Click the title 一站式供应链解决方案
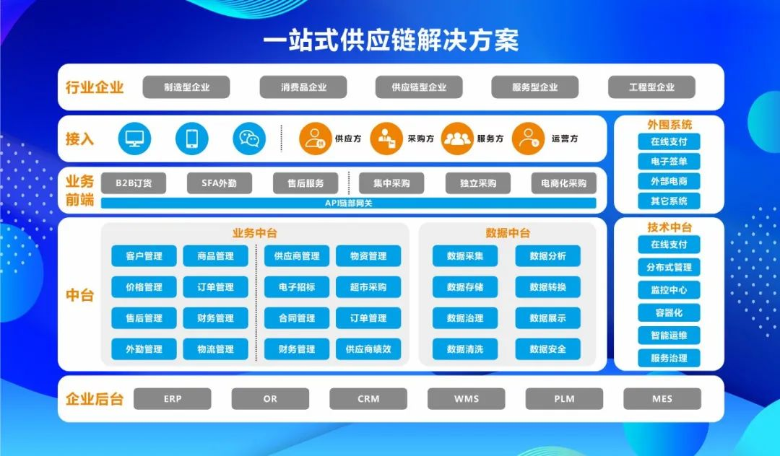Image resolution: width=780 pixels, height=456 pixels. pyautogui.click(x=391, y=40)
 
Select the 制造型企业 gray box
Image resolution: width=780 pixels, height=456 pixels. pyautogui.click(x=186, y=87)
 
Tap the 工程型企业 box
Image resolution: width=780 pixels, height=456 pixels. pyautogui.click(x=651, y=87)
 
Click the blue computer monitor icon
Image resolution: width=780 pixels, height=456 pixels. pyautogui.click(x=134, y=139)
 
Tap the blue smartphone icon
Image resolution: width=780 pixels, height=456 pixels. pyautogui.click(x=191, y=139)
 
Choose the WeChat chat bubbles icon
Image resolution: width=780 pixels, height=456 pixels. pyautogui.click(x=249, y=139)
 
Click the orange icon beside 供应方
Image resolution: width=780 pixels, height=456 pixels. pyautogui.click(x=316, y=139)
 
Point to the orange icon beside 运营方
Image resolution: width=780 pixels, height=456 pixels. pyautogui.click(x=528, y=139)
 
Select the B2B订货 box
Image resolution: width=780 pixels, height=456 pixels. pyautogui.click(x=134, y=183)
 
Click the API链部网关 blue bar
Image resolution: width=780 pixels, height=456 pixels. pyautogui.click(x=348, y=203)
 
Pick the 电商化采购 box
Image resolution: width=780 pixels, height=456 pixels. pyautogui.click(x=563, y=183)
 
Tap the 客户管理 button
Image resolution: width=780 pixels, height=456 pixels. pyautogui.click(x=144, y=256)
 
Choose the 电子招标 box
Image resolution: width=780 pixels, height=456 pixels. pyautogui.click(x=297, y=286)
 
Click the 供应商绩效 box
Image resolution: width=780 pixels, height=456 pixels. pyautogui.click(x=368, y=348)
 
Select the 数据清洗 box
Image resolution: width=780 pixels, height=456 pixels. pyautogui.click(x=464, y=348)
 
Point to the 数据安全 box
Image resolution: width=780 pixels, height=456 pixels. pyautogui.click(x=547, y=348)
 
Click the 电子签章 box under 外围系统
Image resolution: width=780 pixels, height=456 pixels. pyautogui.click(x=669, y=162)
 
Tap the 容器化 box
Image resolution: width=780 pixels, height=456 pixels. pyautogui.click(x=669, y=312)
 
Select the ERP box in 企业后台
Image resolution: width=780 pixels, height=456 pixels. pyautogui.click(x=172, y=398)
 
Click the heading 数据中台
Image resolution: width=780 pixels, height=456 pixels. pyautogui.click(x=508, y=233)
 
